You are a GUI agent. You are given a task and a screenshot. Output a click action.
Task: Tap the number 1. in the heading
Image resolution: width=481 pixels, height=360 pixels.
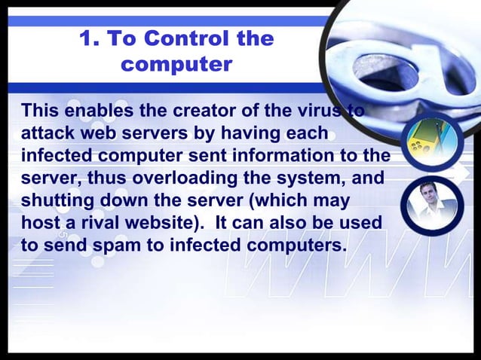click(x=90, y=38)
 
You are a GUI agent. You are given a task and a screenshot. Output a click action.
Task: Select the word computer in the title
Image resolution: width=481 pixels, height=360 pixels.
click(x=176, y=65)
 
